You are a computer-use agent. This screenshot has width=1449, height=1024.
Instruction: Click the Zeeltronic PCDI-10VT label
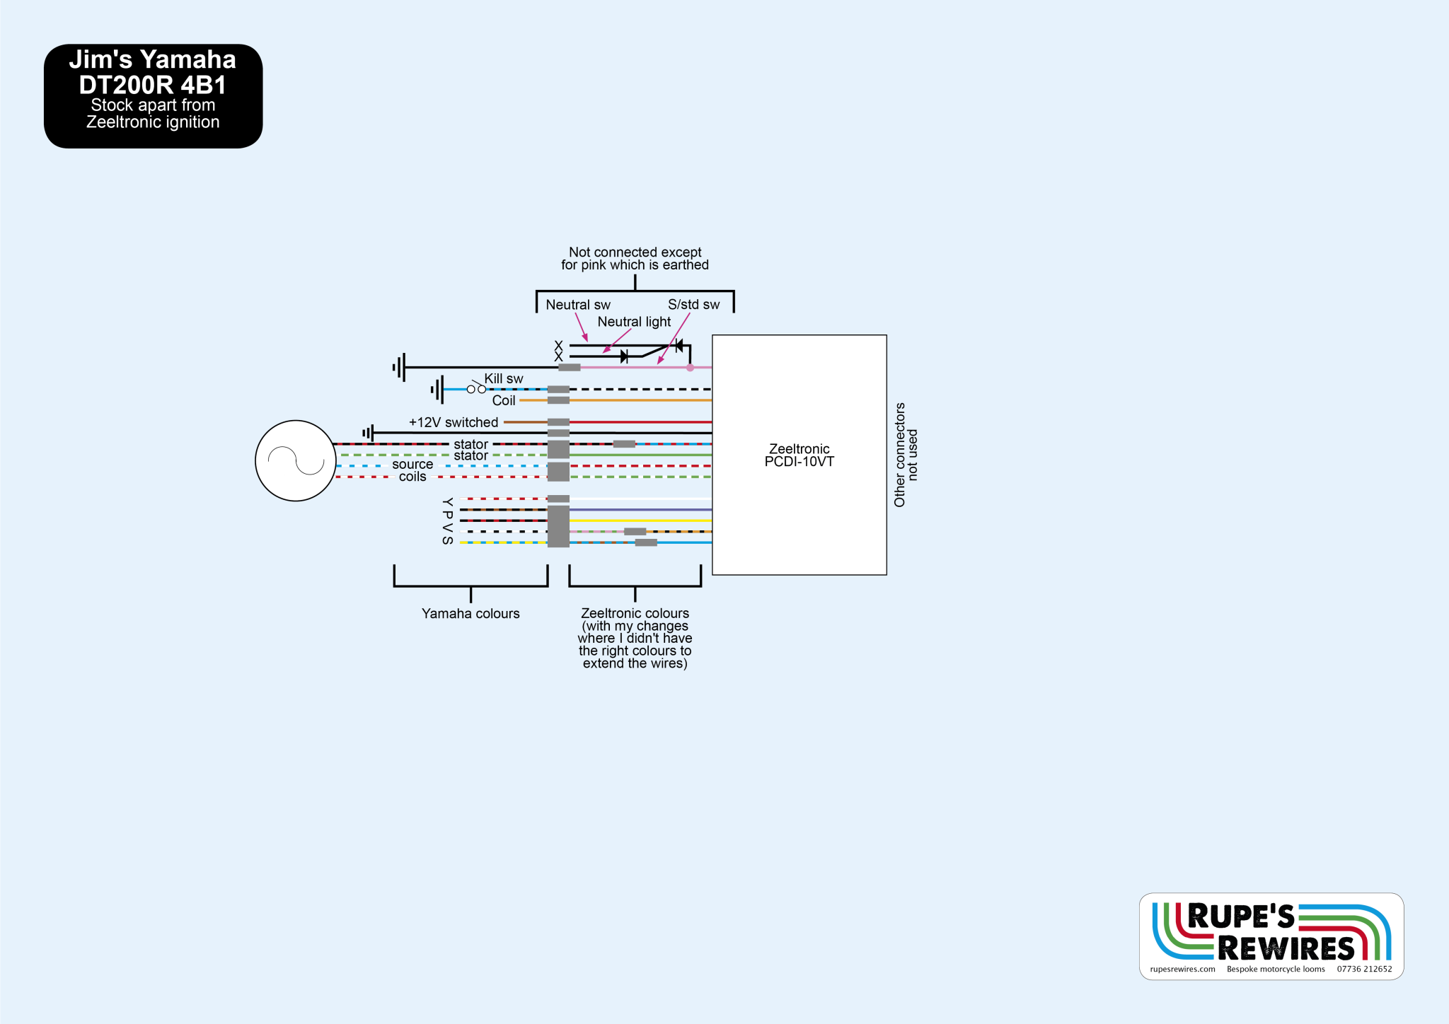click(799, 455)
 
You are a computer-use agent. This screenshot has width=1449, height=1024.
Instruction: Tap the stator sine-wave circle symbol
click(295, 461)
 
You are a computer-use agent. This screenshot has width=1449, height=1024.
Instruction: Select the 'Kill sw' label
click(504, 379)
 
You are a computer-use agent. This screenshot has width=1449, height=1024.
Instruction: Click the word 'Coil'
click(504, 401)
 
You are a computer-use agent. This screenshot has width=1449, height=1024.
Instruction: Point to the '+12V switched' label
click(454, 423)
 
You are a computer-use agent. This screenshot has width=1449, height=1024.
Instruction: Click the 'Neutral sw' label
click(577, 305)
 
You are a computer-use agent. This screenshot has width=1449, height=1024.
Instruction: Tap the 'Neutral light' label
click(634, 322)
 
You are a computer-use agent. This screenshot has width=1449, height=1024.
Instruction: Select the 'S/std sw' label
click(693, 305)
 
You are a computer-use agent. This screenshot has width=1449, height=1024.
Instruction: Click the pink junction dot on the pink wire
click(690, 368)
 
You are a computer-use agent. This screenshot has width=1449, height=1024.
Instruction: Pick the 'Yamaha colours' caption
click(471, 614)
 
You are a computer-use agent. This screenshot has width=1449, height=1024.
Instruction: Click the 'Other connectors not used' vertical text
click(905, 455)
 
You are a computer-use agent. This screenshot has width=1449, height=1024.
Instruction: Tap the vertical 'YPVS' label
click(447, 521)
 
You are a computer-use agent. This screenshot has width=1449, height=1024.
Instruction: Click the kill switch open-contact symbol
click(476, 388)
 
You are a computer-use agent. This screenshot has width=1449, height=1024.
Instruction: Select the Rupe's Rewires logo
click(1271, 932)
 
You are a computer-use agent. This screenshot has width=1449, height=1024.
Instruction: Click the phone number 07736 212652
click(1364, 970)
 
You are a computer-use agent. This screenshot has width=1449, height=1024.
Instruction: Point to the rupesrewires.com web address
click(1182, 970)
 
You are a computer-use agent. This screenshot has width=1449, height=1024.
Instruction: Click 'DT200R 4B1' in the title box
click(153, 86)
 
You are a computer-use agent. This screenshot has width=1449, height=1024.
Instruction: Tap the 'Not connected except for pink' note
click(635, 259)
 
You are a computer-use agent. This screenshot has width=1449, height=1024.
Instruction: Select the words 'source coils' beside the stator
click(412, 470)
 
